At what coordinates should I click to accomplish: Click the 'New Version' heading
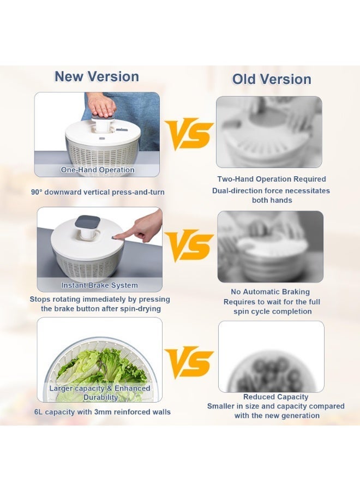97,76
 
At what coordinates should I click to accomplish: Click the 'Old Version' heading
272,79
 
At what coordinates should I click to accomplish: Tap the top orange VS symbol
189,134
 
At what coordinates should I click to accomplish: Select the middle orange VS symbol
189,246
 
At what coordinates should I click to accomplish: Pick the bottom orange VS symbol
189,362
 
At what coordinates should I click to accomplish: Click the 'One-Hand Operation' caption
98,170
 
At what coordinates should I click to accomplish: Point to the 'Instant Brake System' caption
99,285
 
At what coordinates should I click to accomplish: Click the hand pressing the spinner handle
101,103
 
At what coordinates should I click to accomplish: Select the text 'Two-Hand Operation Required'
271,179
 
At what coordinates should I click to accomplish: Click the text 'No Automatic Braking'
270,292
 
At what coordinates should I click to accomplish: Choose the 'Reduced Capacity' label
275,397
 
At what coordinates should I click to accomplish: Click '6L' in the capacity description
39,412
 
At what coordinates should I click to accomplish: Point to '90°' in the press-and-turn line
38,192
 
